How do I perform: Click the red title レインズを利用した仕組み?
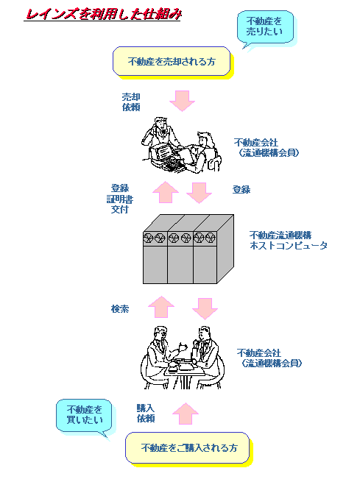coord(103,15)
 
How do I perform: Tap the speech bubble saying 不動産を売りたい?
coord(265,27)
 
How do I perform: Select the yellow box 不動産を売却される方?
coord(172,61)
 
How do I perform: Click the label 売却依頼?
coord(131,102)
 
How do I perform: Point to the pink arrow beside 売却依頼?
coord(182,101)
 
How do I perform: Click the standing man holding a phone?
coord(160,137)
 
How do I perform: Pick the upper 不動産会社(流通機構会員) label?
coord(267,148)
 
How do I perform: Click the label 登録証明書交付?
coord(120,199)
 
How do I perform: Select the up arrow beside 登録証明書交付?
coord(166,192)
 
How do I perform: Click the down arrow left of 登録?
coord(200,193)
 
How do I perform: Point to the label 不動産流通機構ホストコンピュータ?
coord(289,241)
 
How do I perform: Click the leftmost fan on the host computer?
coord(149,238)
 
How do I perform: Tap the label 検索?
coord(120,308)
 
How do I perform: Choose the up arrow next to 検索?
coord(161,307)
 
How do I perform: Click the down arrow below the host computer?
coord(205,308)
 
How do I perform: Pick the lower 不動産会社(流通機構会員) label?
coord(269,358)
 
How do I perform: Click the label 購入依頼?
coord(146,414)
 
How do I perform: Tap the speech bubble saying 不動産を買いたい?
coord(84,417)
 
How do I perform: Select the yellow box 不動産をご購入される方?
coord(188,448)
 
